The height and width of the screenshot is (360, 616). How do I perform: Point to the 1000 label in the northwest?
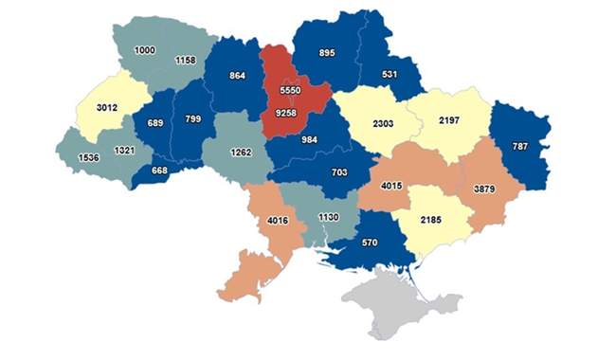click(145, 49)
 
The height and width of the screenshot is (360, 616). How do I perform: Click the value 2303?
click(382, 123)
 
